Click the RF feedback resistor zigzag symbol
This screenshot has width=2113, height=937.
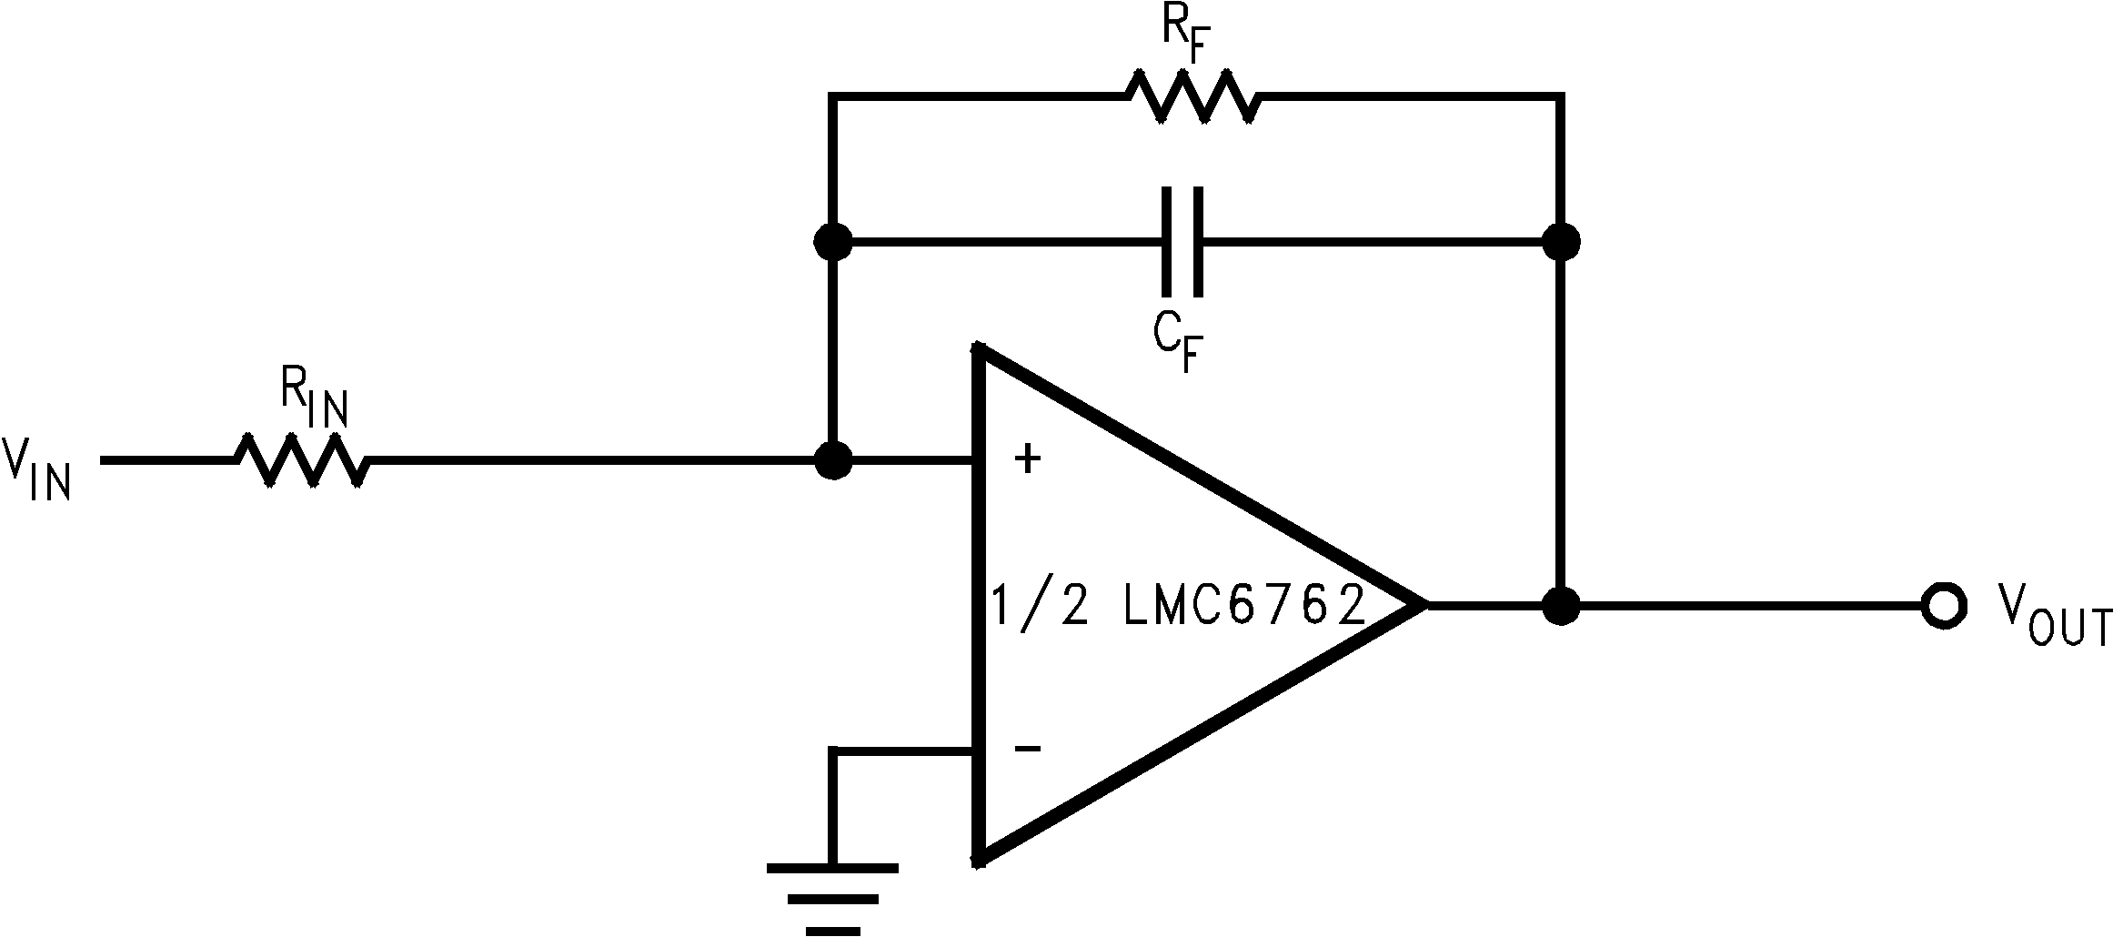tap(1193, 96)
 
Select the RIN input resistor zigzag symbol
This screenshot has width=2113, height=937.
tap(303, 460)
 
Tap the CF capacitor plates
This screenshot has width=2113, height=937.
tap(1182, 242)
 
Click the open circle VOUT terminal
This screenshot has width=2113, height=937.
tap(1944, 604)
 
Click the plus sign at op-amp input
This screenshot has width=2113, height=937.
tap(1027, 459)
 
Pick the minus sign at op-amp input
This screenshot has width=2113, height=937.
tap(1027, 749)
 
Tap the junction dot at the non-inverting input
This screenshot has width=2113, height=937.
tap(832, 460)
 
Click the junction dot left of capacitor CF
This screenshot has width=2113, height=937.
tap(832, 242)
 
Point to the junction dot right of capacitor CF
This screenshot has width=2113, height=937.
tap(1562, 242)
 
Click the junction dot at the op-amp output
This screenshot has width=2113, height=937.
tap(1562, 604)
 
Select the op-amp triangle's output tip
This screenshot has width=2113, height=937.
tap(1421, 604)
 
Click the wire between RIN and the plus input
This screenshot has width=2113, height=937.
tap(591, 460)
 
